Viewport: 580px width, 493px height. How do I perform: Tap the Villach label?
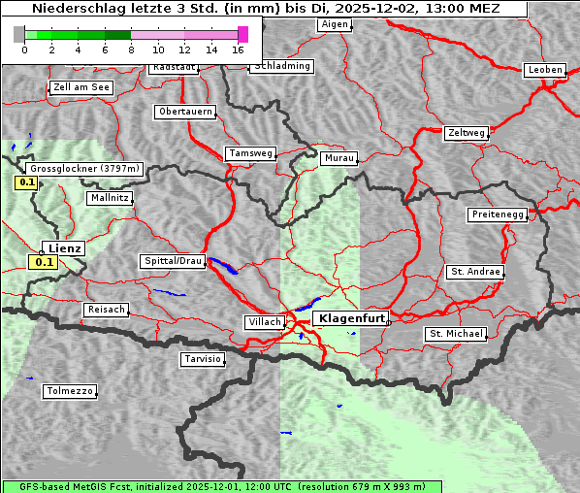pyautogui.click(x=264, y=322)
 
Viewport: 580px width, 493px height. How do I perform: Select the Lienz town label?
pyautogui.click(x=65, y=248)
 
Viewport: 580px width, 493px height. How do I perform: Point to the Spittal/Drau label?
pyautogui.click(x=173, y=261)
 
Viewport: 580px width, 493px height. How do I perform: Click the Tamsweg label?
pyautogui.click(x=251, y=153)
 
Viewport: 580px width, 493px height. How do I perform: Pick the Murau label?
pyautogui.click(x=339, y=157)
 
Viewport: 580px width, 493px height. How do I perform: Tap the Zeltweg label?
pyautogui.click(x=467, y=132)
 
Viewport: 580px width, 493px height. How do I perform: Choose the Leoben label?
pyautogui.click(x=544, y=70)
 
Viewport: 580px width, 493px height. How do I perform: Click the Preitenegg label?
pyautogui.click(x=498, y=214)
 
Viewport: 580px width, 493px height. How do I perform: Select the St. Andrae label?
pyautogui.click(x=475, y=272)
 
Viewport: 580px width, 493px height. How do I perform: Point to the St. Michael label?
pyautogui.click(x=456, y=334)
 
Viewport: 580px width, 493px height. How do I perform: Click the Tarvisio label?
pyautogui.click(x=203, y=359)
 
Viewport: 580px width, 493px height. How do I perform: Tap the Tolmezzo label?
pyautogui.click(x=70, y=391)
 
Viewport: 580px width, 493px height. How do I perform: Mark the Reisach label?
pyautogui.click(x=107, y=310)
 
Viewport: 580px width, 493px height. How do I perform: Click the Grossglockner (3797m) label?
pyautogui.click(x=85, y=168)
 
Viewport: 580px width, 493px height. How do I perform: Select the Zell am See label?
pyautogui.click(x=81, y=87)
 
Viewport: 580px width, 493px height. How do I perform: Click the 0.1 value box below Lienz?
pyautogui.click(x=44, y=262)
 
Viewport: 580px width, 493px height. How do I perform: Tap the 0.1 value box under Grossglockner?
pyautogui.click(x=26, y=181)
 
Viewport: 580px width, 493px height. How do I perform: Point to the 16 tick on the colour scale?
pyautogui.click(x=239, y=49)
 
